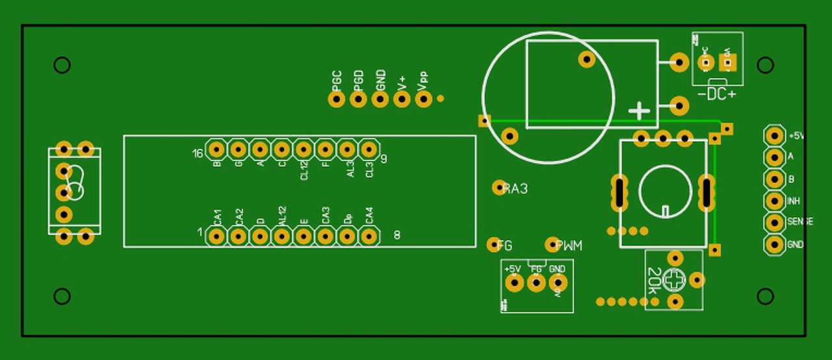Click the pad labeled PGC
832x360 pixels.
point(336,99)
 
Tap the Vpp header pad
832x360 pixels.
point(424,99)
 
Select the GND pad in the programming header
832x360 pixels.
point(380,99)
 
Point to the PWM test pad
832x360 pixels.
point(552,244)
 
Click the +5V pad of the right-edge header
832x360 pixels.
point(774,136)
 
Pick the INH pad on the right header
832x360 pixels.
point(774,201)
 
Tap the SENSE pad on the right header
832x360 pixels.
point(774,223)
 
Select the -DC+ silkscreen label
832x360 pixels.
point(717,95)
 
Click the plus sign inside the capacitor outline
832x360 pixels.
point(640,111)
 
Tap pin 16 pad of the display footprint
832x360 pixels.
point(216,150)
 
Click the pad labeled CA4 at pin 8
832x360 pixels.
point(369,236)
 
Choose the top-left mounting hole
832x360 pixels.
point(62,65)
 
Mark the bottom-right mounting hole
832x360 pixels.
point(766,296)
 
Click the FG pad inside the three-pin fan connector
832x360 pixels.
point(536,283)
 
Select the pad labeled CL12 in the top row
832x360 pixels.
point(304,150)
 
